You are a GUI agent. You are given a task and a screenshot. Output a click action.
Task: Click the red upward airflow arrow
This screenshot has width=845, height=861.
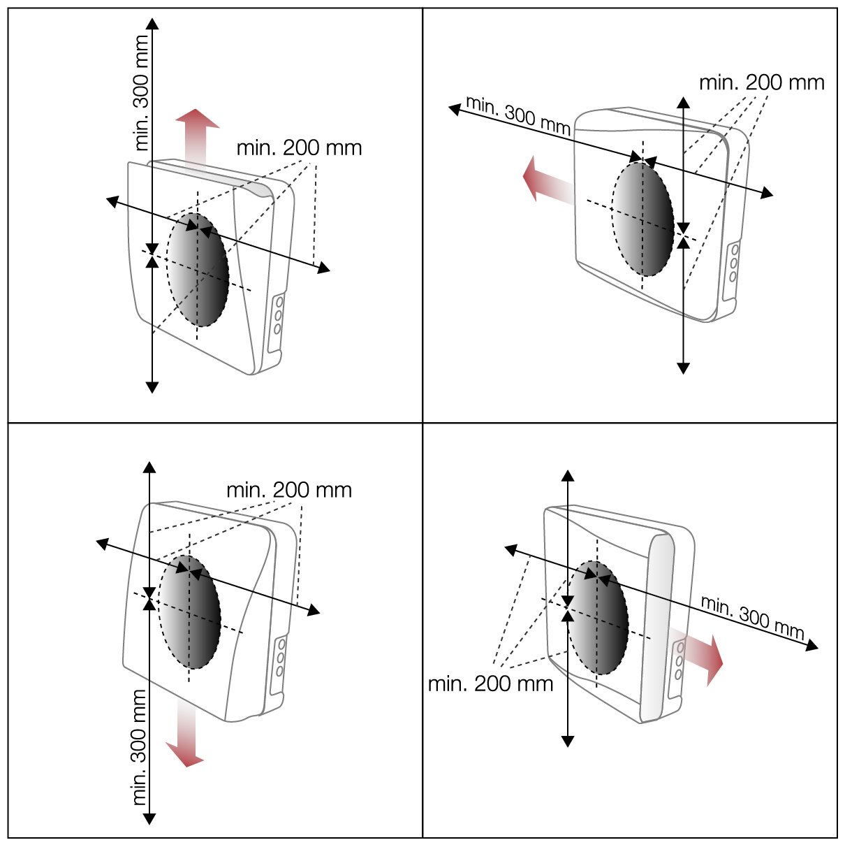(197, 138)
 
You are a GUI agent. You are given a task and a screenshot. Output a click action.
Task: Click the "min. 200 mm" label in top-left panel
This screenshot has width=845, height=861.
(299, 148)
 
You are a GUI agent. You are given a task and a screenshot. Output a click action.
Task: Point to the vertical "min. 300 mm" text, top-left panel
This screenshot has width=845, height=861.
(141, 93)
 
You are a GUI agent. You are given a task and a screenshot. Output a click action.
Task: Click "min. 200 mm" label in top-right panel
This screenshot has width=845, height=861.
(761, 82)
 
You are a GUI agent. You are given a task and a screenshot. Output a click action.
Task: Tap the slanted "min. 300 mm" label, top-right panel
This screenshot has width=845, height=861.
(518, 115)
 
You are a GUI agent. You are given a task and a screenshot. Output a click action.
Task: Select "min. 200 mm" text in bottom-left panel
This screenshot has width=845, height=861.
(289, 490)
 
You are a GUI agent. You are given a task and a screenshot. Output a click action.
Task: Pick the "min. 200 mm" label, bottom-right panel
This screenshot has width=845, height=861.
(490, 684)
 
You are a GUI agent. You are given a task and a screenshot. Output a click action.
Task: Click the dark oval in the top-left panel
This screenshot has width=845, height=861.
(198, 270)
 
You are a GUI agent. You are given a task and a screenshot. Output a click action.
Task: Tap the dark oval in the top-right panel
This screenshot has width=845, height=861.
(642, 219)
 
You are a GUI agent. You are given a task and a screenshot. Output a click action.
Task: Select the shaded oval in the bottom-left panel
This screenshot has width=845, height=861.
(190, 612)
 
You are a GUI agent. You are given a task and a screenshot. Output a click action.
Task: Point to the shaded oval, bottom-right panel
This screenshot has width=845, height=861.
(597, 618)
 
